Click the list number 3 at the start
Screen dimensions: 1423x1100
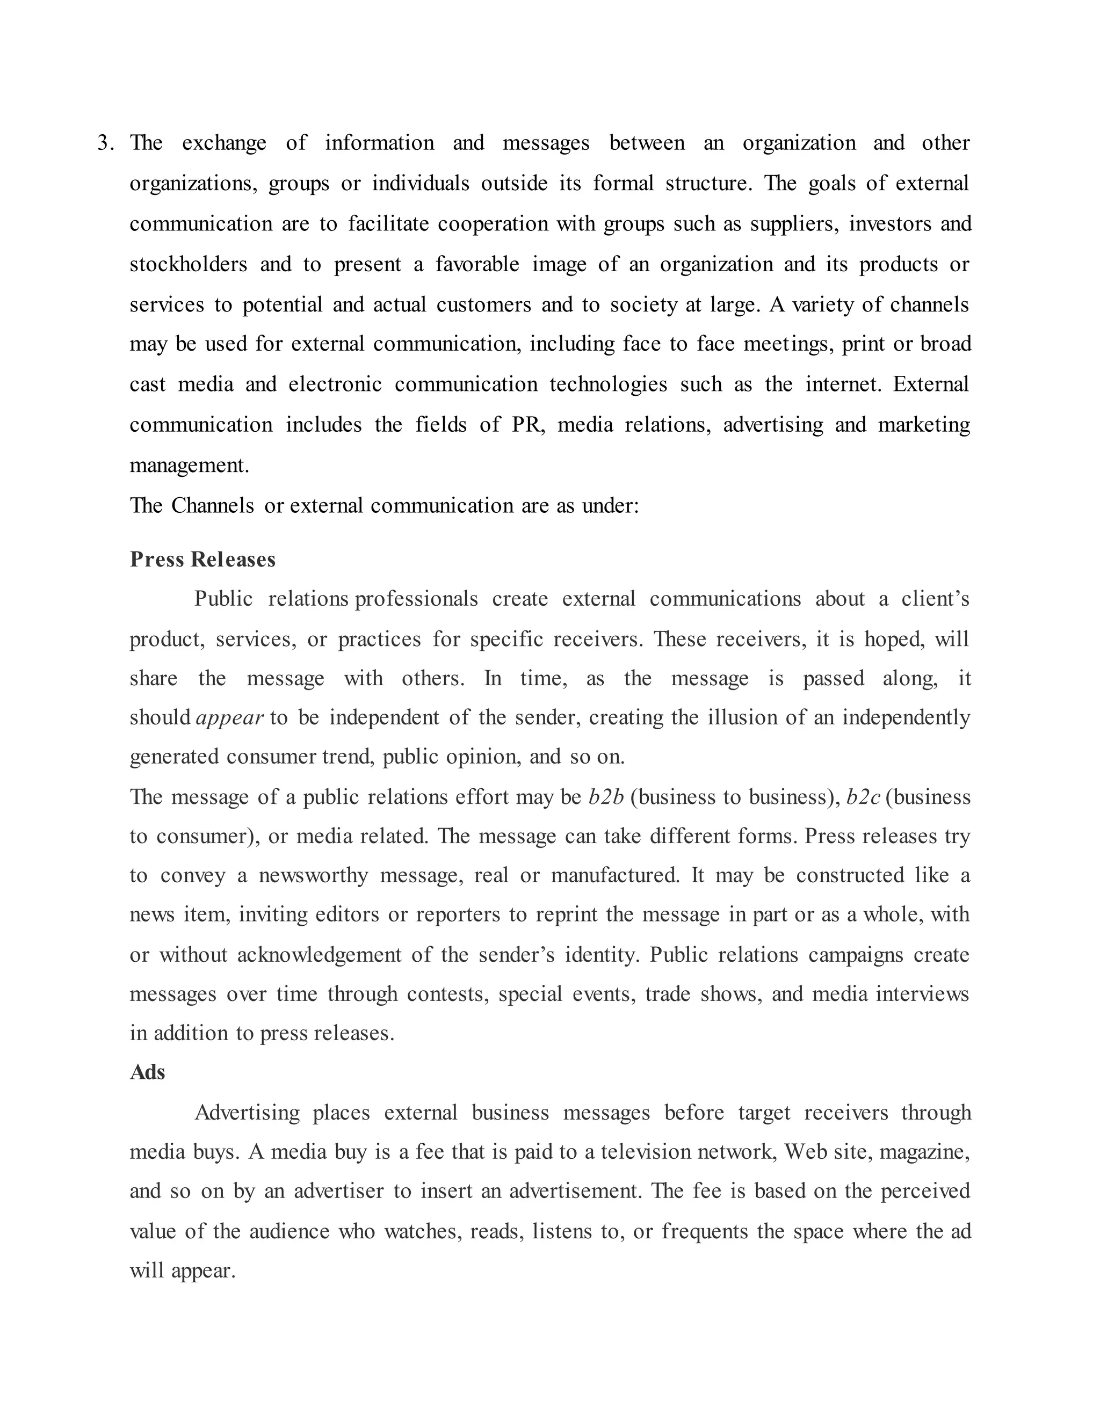(x=103, y=143)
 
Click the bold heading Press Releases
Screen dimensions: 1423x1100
(x=202, y=560)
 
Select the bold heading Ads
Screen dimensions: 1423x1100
(x=147, y=1072)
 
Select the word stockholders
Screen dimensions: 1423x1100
(x=189, y=265)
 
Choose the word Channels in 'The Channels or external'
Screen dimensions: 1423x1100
(x=213, y=506)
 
